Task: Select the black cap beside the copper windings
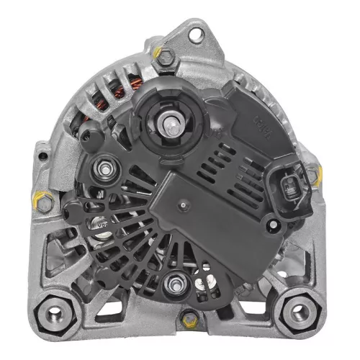[x=86, y=133]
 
